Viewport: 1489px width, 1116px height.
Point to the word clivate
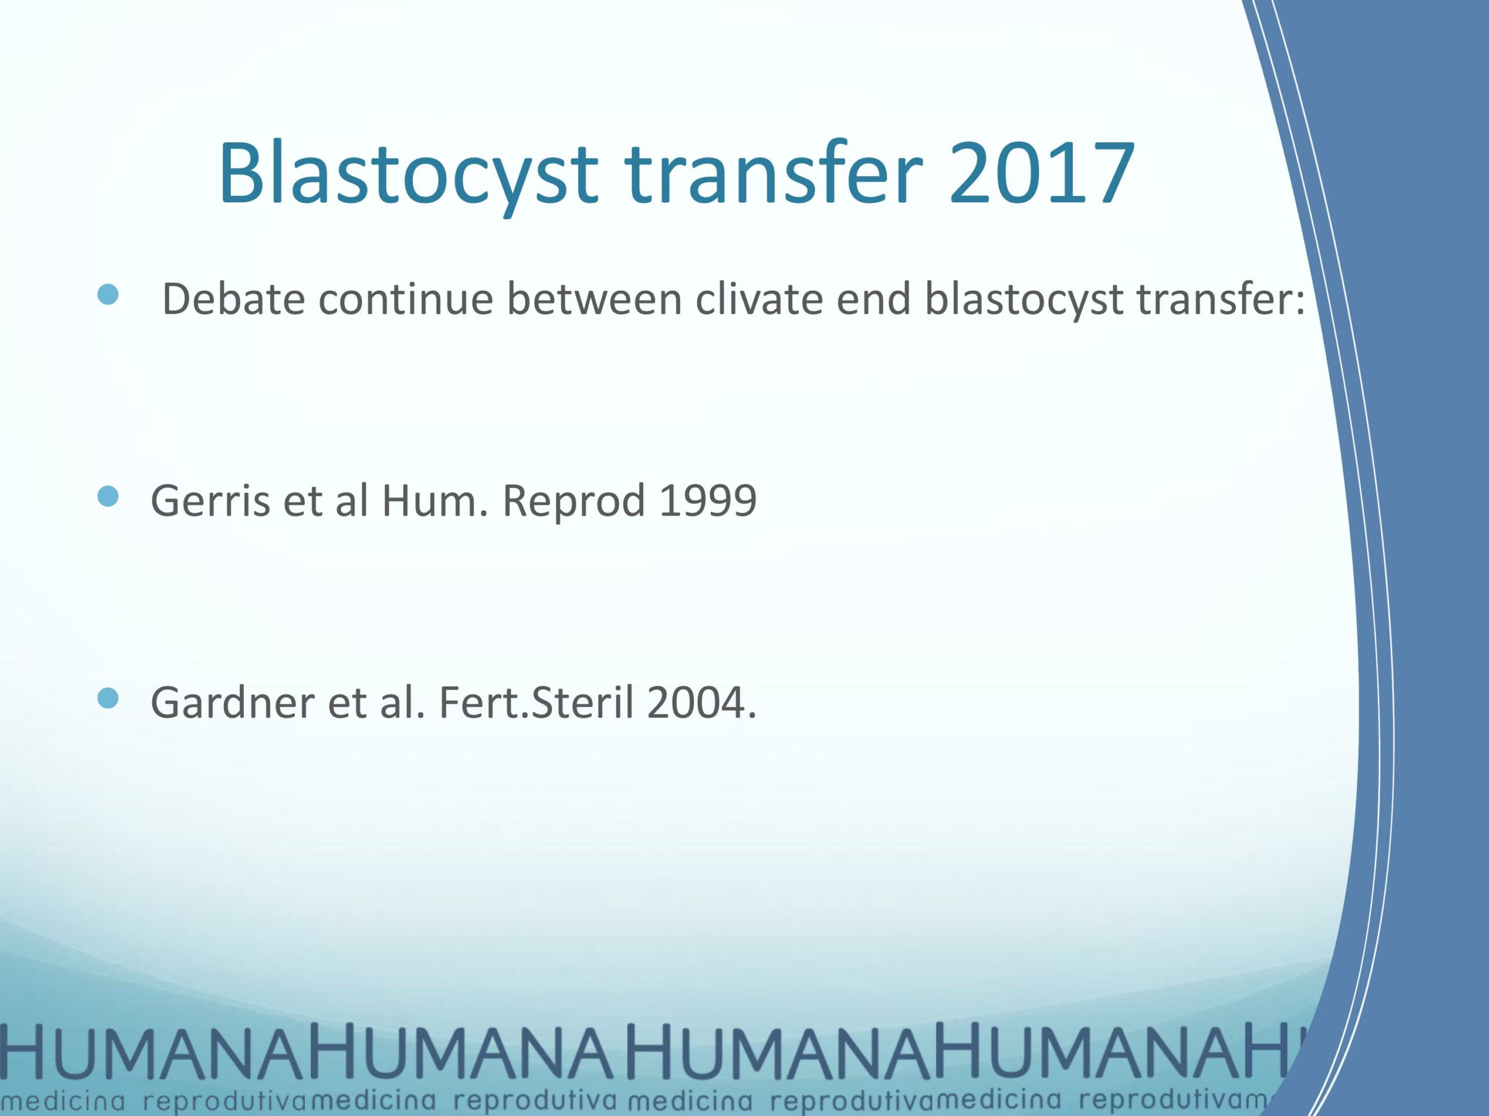tap(758, 299)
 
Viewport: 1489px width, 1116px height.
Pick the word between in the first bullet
tap(594, 299)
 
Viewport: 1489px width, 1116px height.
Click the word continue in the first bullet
tap(406, 299)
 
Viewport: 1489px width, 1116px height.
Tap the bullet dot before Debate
tap(108, 294)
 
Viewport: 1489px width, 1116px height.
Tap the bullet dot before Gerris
tap(108, 496)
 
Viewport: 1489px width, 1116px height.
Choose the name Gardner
tap(232, 702)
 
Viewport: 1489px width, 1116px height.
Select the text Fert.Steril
tap(536, 702)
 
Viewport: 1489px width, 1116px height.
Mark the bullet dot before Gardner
tap(108, 698)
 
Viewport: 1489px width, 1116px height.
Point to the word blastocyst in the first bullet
tap(1024, 299)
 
